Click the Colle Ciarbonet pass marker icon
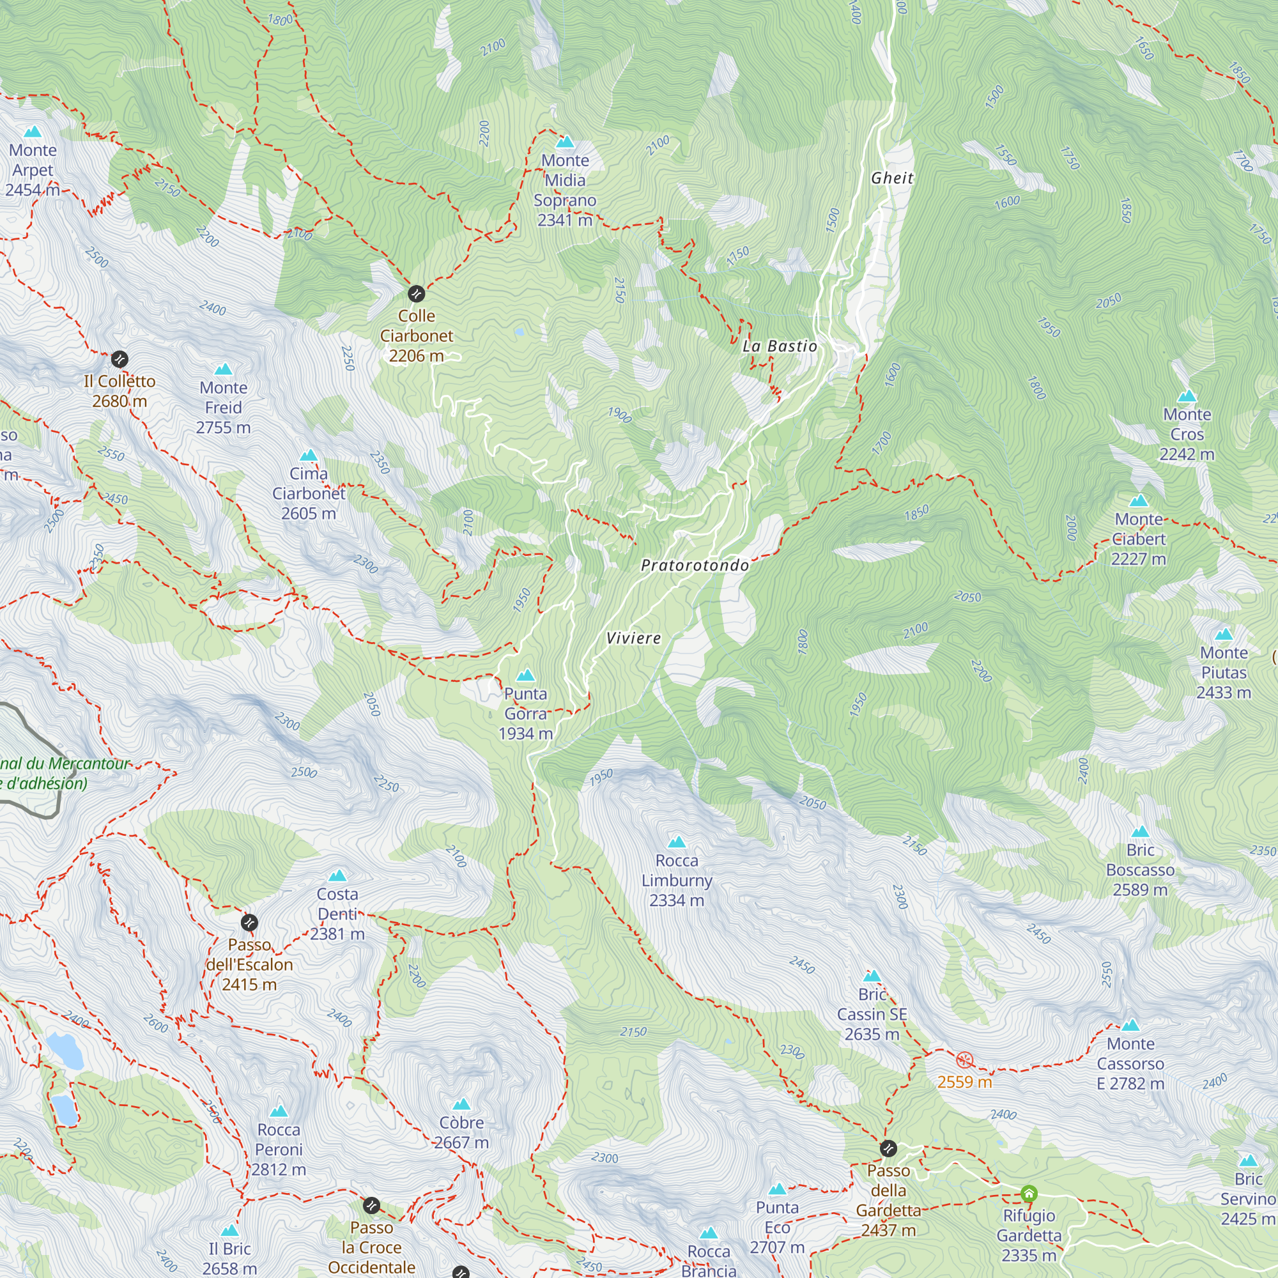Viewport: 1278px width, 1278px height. coord(416,293)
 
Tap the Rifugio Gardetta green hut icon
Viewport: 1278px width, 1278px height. coord(1029,1194)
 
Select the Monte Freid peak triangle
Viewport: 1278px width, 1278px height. coord(224,369)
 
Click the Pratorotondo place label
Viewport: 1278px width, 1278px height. coord(695,566)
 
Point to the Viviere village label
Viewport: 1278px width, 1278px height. coord(634,638)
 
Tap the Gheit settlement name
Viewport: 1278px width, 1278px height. coord(892,178)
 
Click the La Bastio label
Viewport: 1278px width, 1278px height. coord(780,346)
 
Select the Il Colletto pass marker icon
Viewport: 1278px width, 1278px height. coord(119,359)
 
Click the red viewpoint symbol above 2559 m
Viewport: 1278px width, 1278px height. coord(965,1059)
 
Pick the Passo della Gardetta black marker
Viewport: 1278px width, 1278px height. coord(888,1148)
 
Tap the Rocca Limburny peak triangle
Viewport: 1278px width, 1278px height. coord(677,842)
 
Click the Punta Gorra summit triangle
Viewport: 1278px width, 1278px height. coord(526,675)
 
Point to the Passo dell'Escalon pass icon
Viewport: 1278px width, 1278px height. coord(249,922)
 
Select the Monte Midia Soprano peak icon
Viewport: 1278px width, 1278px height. coord(565,142)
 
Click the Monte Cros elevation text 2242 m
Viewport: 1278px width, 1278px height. coord(1187,454)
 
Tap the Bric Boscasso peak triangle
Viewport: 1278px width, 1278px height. coord(1141,832)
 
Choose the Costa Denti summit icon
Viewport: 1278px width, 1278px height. coord(337,876)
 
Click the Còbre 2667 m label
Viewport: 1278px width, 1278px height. coord(462,1132)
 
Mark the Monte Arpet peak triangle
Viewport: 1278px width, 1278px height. coord(33,132)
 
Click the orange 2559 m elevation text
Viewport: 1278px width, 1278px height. coord(964,1082)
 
